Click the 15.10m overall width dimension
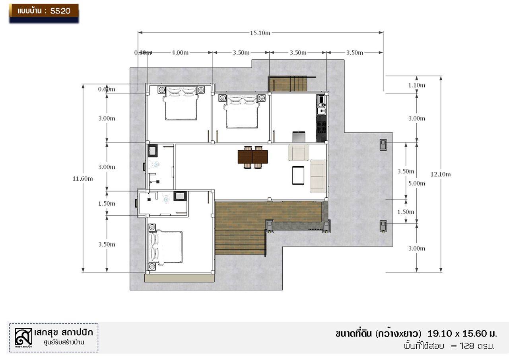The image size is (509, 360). pos(260,33)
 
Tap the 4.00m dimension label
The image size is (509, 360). pos(180,53)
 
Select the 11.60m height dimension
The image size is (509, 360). pos(83,179)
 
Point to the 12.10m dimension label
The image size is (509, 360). pos(441,174)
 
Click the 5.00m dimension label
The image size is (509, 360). pos(417,183)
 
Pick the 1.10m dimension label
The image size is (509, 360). pos(417,85)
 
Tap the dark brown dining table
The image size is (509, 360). pos(253,157)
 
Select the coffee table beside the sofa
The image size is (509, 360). pos(298,175)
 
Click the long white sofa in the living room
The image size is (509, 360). pos(318,176)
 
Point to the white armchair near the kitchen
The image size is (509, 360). pos(299,152)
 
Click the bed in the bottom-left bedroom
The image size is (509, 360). pos(165,247)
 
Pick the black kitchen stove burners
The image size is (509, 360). pos(321,127)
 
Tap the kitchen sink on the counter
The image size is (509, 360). pos(322,111)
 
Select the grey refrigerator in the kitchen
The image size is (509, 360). pos(299,136)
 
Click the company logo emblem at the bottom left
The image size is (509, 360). pos(23,337)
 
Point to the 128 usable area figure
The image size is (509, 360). pos(467,346)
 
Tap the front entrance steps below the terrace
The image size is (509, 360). pos(240,242)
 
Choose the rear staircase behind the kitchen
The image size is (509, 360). pos(288,84)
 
